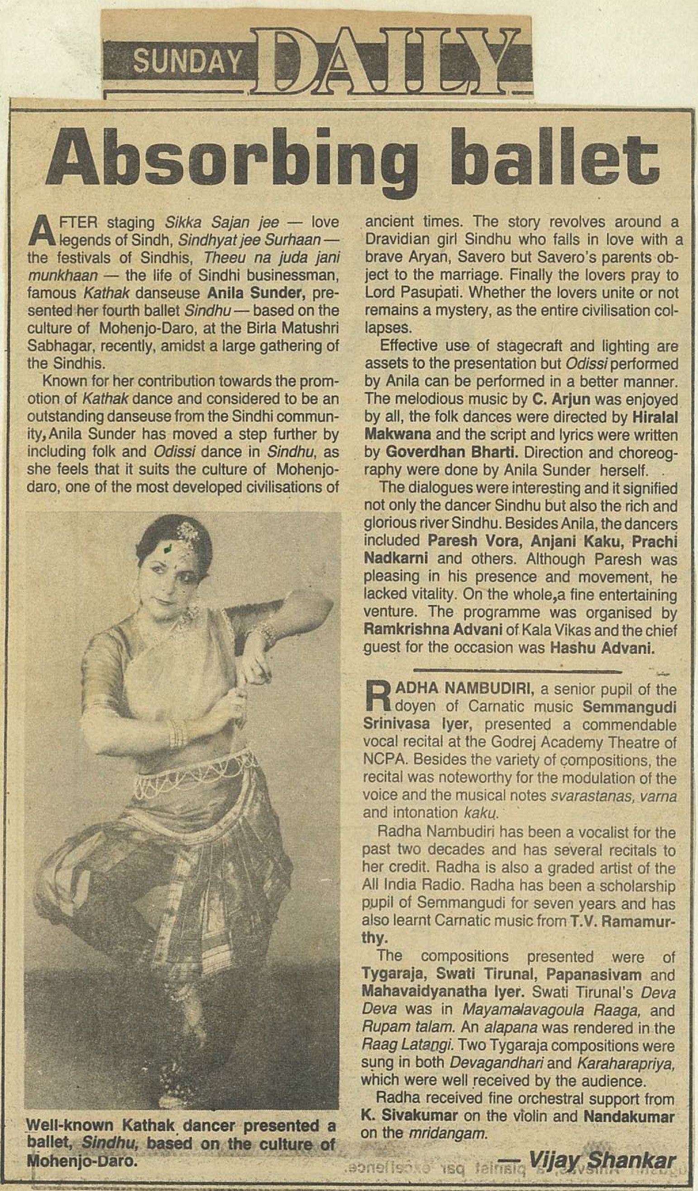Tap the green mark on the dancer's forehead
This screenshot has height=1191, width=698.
[168, 548]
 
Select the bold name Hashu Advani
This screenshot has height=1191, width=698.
[602, 648]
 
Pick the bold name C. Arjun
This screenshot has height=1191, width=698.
[561, 400]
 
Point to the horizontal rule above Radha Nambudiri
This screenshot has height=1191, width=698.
[516, 670]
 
